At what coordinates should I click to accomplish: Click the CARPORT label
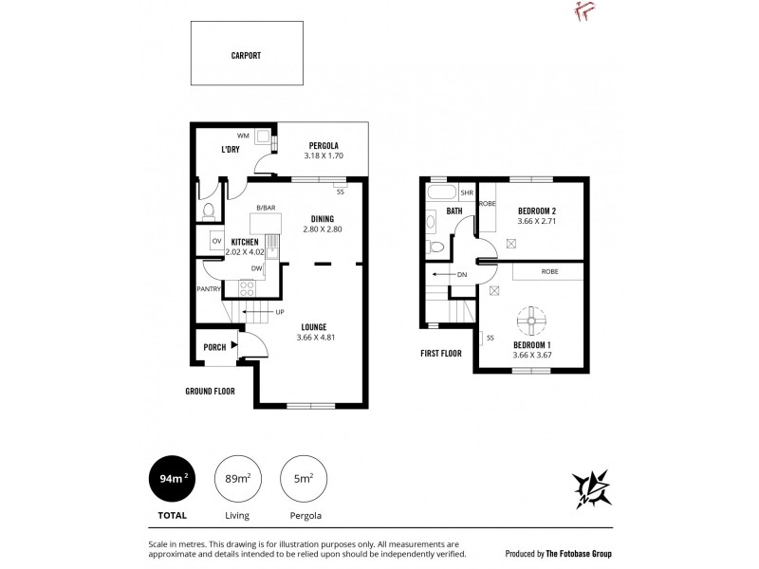tap(246, 55)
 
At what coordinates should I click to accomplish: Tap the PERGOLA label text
tap(323, 145)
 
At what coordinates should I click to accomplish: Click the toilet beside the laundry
tap(207, 210)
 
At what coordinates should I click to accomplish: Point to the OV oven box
tap(215, 242)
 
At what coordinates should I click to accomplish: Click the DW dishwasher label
tap(256, 268)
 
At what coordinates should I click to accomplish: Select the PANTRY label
tap(209, 289)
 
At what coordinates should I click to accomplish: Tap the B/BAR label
tap(266, 208)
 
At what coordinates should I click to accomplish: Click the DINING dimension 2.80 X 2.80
tap(322, 229)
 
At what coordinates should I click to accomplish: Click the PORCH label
tap(213, 347)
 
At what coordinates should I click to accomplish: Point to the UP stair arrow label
tap(280, 312)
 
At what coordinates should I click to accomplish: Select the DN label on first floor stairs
tap(462, 275)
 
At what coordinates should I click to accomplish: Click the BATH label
tap(454, 211)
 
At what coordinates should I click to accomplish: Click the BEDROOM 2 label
tap(536, 211)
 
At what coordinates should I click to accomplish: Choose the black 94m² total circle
tap(172, 479)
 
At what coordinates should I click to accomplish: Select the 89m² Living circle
tap(236, 479)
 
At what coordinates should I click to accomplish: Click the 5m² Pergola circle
tap(304, 479)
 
